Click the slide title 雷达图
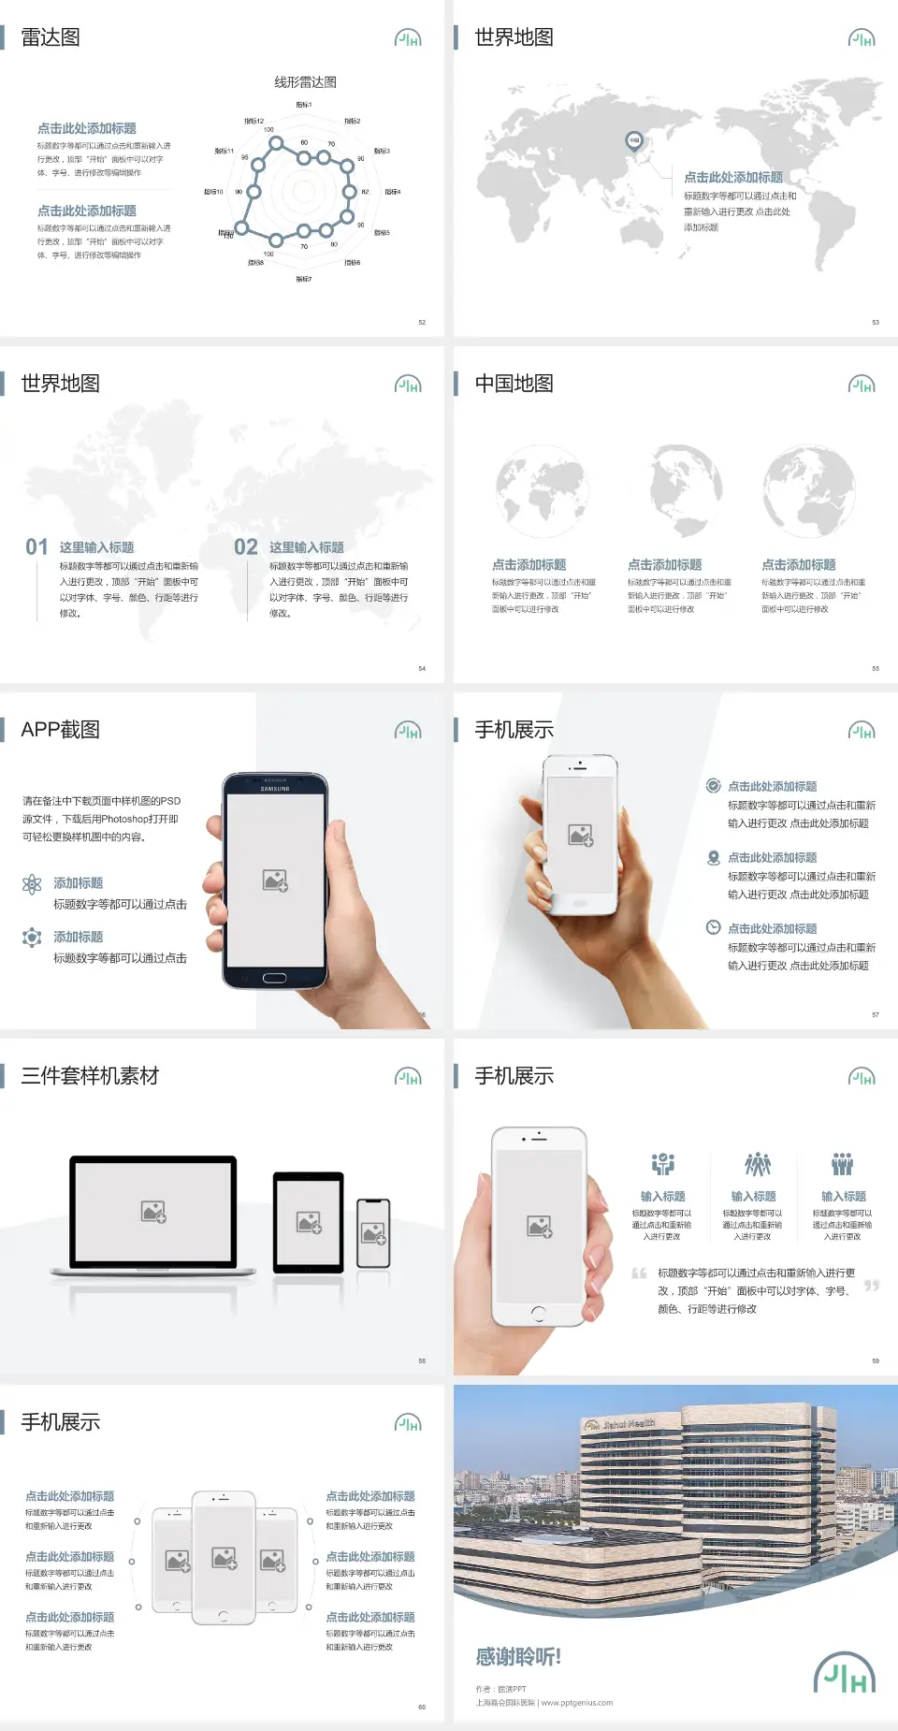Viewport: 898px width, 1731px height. [x=51, y=37]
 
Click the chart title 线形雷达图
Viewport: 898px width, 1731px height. [x=305, y=82]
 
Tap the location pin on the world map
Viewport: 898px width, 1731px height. [x=633, y=141]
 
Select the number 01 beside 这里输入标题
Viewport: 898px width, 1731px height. [x=36, y=546]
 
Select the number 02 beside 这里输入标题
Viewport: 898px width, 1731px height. [x=246, y=546]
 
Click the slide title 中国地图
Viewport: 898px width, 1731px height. [x=514, y=384]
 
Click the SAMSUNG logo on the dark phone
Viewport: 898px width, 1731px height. [x=275, y=789]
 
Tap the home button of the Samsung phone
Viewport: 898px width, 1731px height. [x=274, y=978]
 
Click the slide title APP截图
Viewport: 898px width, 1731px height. [x=61, y=730]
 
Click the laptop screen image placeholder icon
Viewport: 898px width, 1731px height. [x=153, y=1212]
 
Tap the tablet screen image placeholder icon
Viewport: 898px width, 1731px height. [x=309, y=1222]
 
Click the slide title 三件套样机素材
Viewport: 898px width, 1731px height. [x=90, y=1076]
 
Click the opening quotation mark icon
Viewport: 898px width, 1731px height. [x=639, y=1273]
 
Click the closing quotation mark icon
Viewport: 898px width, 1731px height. [x=872, y=1286]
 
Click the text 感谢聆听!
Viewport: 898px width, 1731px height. [x=518, y=1657]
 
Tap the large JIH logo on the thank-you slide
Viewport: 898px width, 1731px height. [x=845, y=1673]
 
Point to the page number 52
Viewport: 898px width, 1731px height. [x=422, y=322]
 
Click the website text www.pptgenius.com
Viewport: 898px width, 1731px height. [x=577, y=1703]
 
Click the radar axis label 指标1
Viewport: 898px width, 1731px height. [x=303, y=105]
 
